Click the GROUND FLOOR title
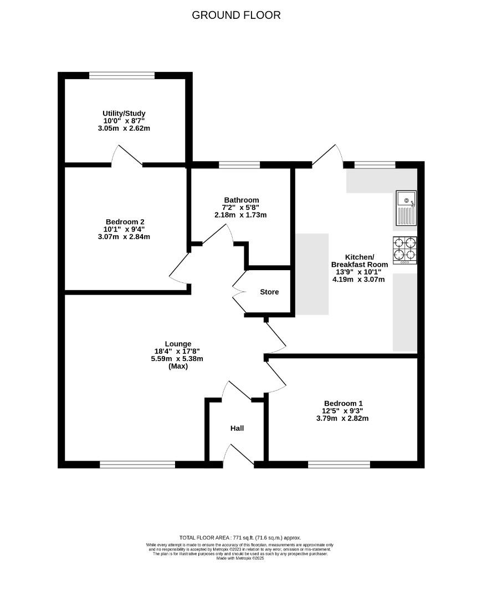[x=236, y=15]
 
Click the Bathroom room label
[x=241, y=200]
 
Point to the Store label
[x=269, y=292]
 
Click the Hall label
[x=237, y=428]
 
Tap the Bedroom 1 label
[x=345, y=403]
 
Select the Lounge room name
[x=178, y=343]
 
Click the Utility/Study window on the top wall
[x=122, y=75]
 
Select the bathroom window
[x=239, y=164]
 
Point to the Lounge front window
[x=137, y=465]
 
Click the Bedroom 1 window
[x=339, y=465]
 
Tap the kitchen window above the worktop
[x=375, y=164]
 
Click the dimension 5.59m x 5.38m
[x=178, y=358]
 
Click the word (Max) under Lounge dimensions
[x=178, y=366]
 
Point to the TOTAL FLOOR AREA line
[x=240, y=538]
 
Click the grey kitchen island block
[x=311, y=274]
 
